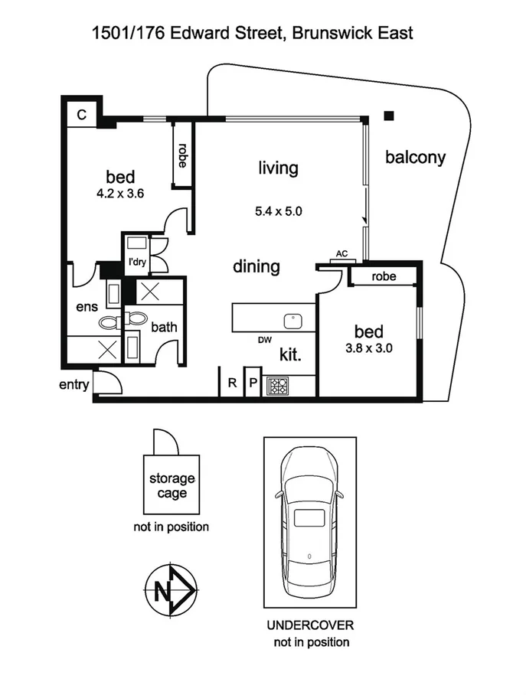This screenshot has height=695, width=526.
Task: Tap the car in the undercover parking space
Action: click(x=309, y=521)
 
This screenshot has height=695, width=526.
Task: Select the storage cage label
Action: click(x=172, y=485)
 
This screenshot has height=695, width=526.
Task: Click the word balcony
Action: click(x=415, y=158)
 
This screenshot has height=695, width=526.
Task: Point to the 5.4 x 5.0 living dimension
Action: click(x=278, y=210)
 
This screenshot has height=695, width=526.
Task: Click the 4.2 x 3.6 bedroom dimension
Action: click(x=120, y=194)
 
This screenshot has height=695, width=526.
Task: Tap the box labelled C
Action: click(x=81, y=115)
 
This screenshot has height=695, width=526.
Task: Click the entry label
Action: click(x=74, y=384)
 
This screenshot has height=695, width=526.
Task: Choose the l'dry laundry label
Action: click(x=139, y=263)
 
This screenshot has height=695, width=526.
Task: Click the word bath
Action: click(x=163, y=327)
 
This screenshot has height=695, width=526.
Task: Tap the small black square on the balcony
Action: click(x=389, y=116)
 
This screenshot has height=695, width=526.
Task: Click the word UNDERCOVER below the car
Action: click(x=310, y=625)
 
